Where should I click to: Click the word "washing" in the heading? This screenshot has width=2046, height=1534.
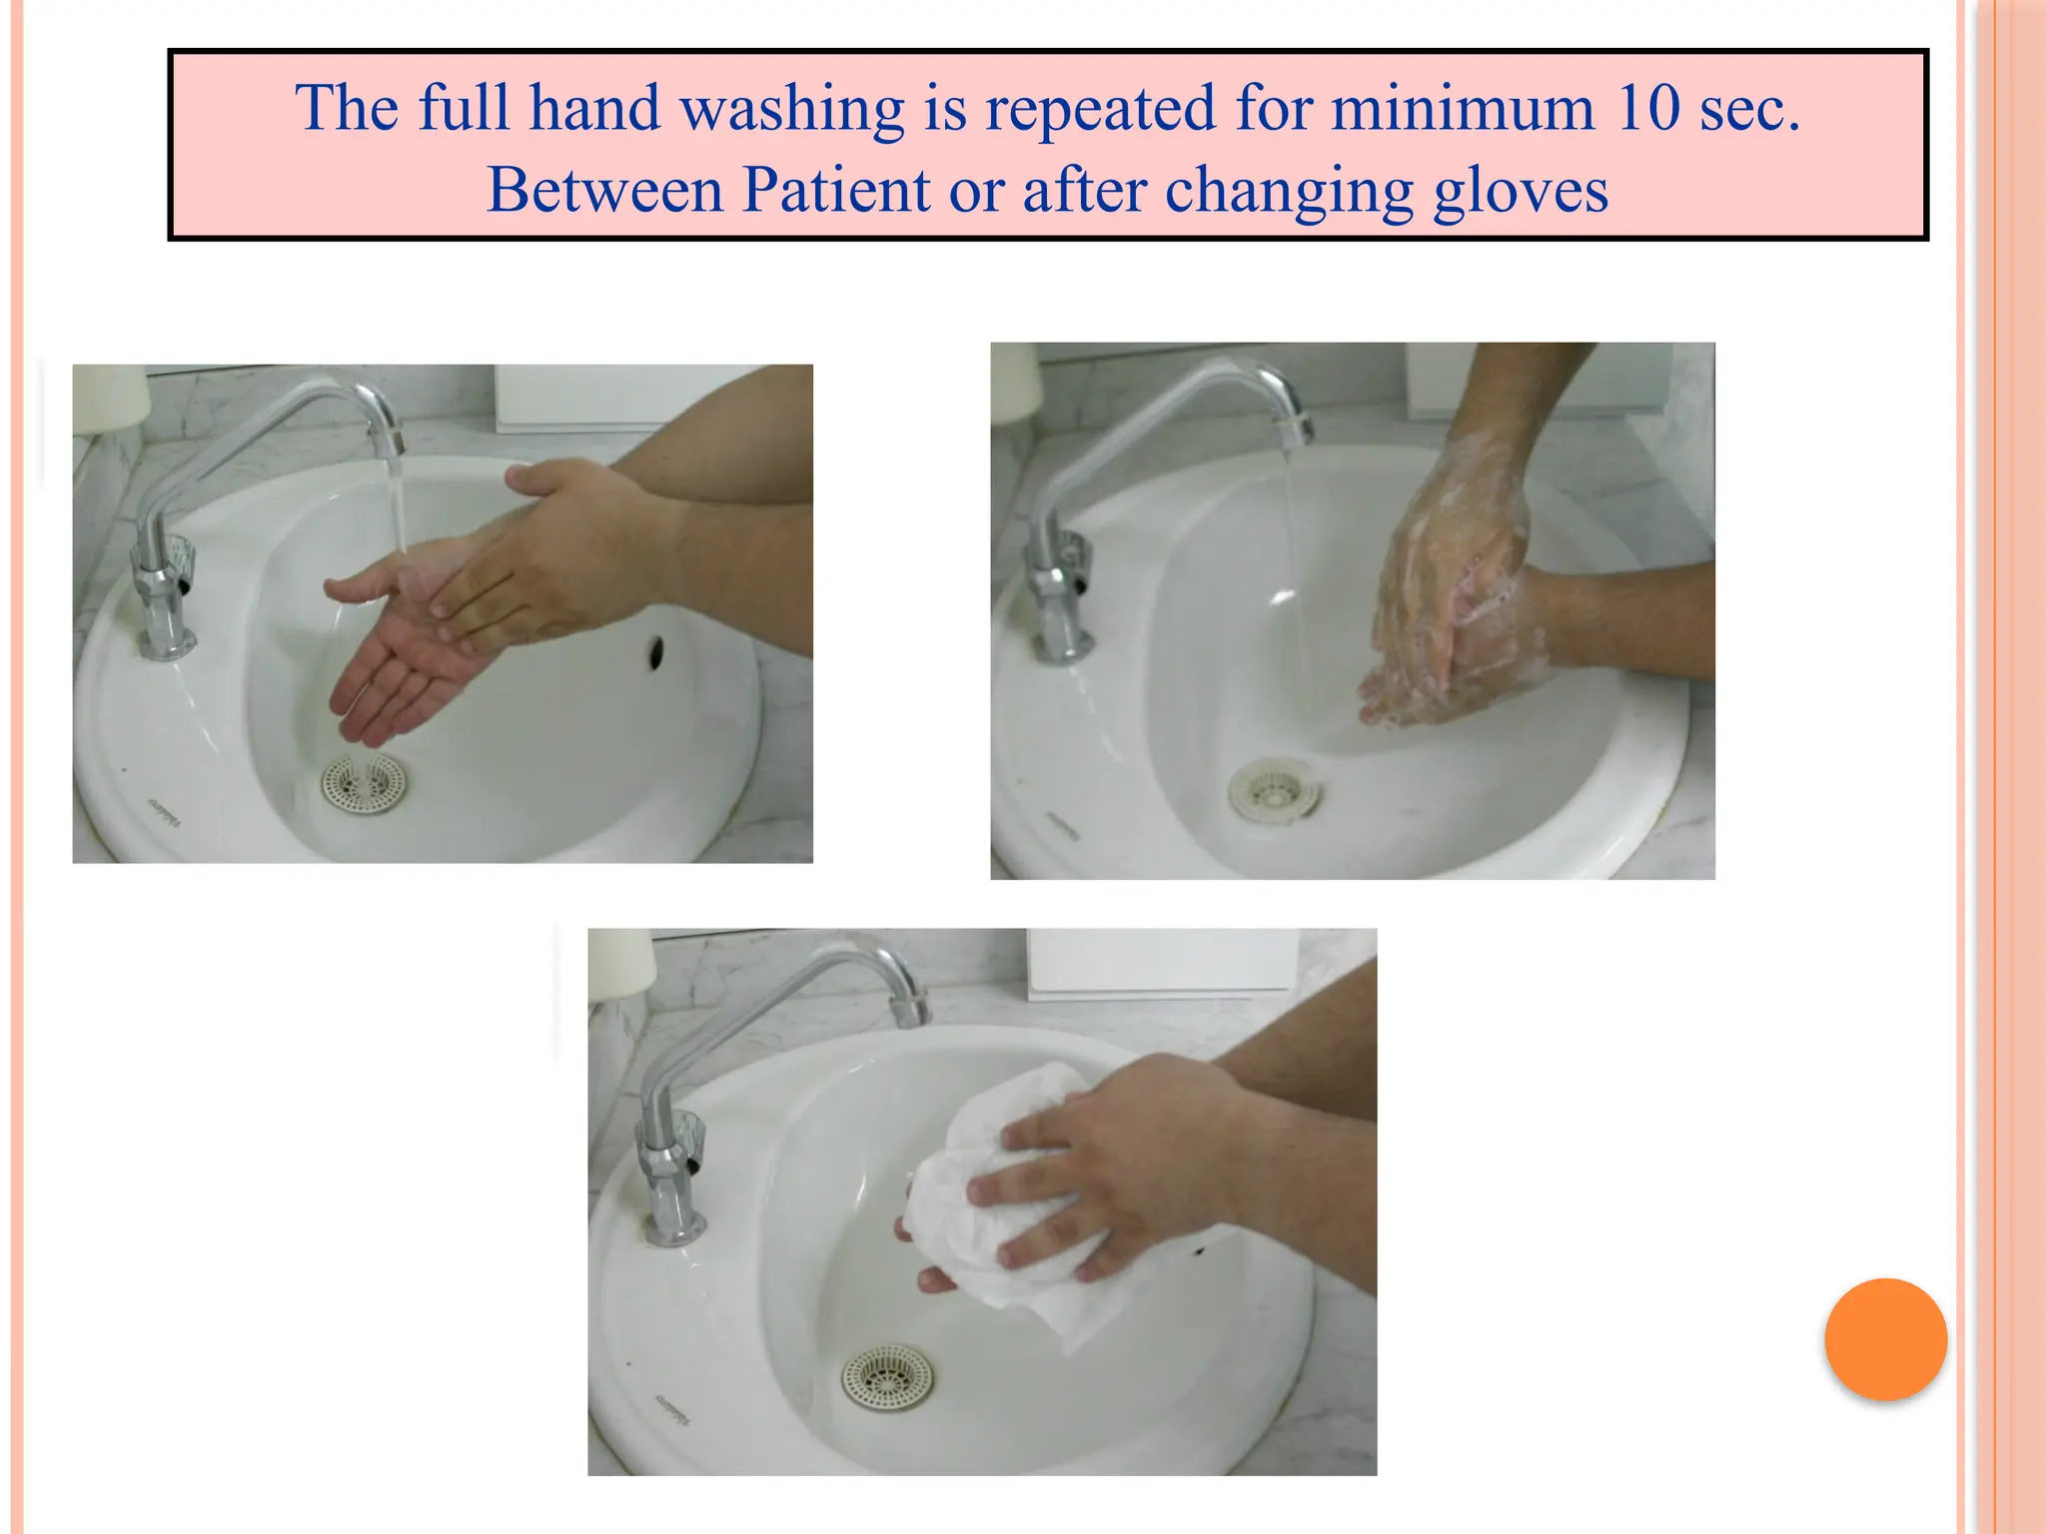791,108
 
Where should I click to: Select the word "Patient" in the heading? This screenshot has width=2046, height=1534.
835,189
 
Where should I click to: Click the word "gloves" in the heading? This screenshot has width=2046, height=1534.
1521,191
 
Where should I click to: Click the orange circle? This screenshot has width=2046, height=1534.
1885,1338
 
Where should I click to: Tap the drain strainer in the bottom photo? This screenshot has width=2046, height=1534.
885,1379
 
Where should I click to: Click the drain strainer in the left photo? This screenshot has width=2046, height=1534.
364,782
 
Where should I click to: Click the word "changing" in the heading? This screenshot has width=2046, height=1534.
1288,191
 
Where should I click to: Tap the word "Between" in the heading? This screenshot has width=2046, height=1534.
603,189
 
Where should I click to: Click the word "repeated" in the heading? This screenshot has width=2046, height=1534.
1100,108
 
